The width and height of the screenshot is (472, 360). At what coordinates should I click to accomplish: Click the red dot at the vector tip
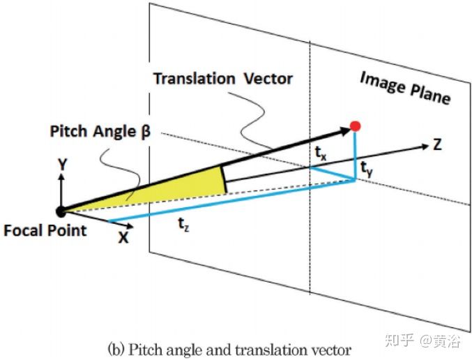355,126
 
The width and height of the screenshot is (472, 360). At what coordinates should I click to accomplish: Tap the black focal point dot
61,210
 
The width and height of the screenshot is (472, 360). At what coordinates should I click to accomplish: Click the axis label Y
62,165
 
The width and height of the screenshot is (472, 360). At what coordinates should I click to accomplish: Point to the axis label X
123,237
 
